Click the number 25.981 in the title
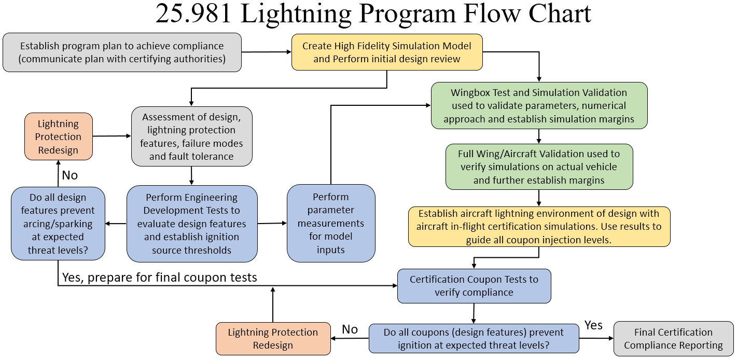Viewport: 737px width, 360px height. pos(193,14)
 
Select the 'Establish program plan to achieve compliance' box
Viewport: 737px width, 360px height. pos(122,52)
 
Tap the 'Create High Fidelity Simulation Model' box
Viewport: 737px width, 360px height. pos(387,52)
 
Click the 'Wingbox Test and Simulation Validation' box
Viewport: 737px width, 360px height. pos(539,106)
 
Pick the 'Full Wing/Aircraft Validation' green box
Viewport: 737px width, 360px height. pos(539,167)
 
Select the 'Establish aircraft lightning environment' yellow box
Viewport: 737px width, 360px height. pos(539,227)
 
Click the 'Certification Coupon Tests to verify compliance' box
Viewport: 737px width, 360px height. pos(474,286)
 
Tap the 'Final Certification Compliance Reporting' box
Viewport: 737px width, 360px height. pos(673,339)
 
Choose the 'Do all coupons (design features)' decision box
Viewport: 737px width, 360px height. pos(474,339)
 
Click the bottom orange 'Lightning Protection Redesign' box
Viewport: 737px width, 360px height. pos(273,339)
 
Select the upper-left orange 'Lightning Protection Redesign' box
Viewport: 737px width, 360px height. pos(58,137)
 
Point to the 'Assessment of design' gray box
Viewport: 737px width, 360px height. pos(192,136)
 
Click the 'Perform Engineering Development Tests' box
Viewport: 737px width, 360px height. pos(192,224)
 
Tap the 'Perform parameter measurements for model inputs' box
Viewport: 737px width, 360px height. pos(331,223)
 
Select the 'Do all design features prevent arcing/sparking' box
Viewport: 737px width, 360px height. pos(58,224)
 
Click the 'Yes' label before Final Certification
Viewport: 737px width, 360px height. pos(593,325)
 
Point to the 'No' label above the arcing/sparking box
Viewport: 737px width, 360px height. pos(69,175)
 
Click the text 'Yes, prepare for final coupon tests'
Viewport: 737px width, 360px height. pos(159,278)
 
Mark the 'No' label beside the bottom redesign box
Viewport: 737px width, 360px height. pos(350,329)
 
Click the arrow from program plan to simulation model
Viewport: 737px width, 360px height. pos(266,52)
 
